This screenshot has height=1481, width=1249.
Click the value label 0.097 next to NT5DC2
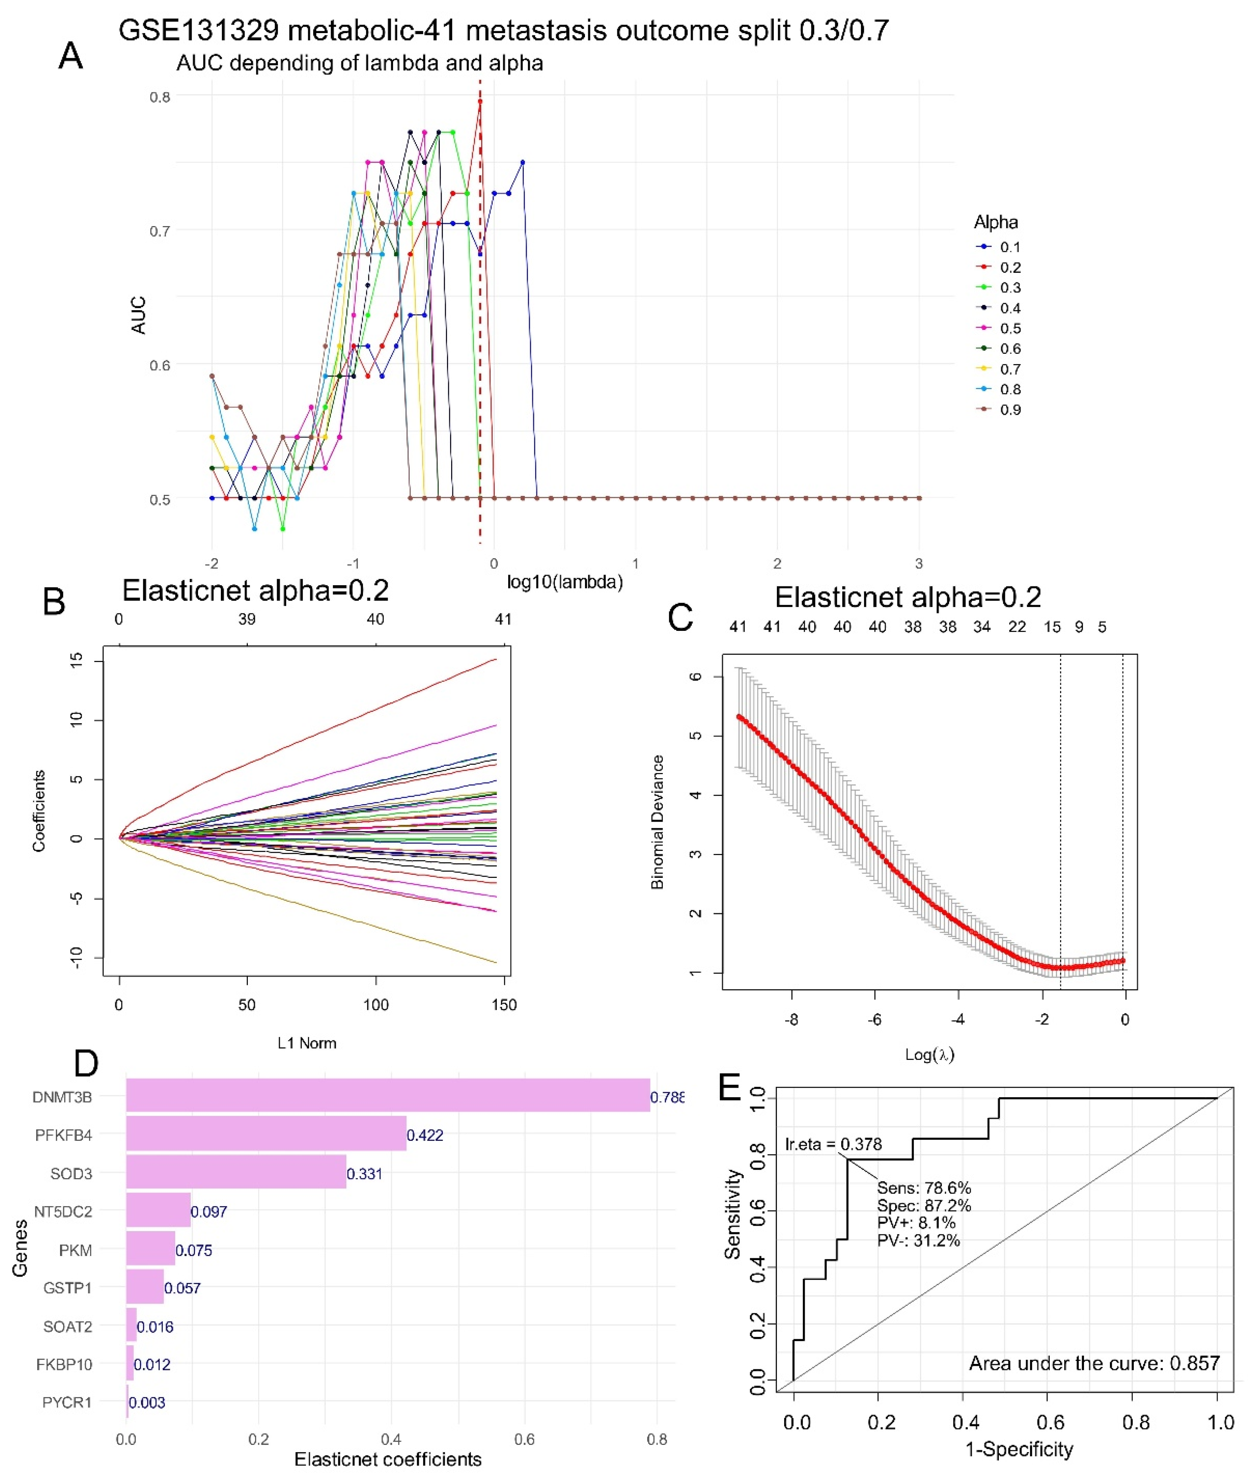tap(209, 1211)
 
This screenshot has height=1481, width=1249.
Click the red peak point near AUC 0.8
tap(480, 101)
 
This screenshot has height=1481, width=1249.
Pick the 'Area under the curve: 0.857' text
tap(1094, 1363)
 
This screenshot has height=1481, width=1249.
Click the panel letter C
tap(680, 617)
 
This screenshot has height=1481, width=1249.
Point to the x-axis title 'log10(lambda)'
tap(564, 582)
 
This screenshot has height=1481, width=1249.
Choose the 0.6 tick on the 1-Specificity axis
tap(1050, 1422)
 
